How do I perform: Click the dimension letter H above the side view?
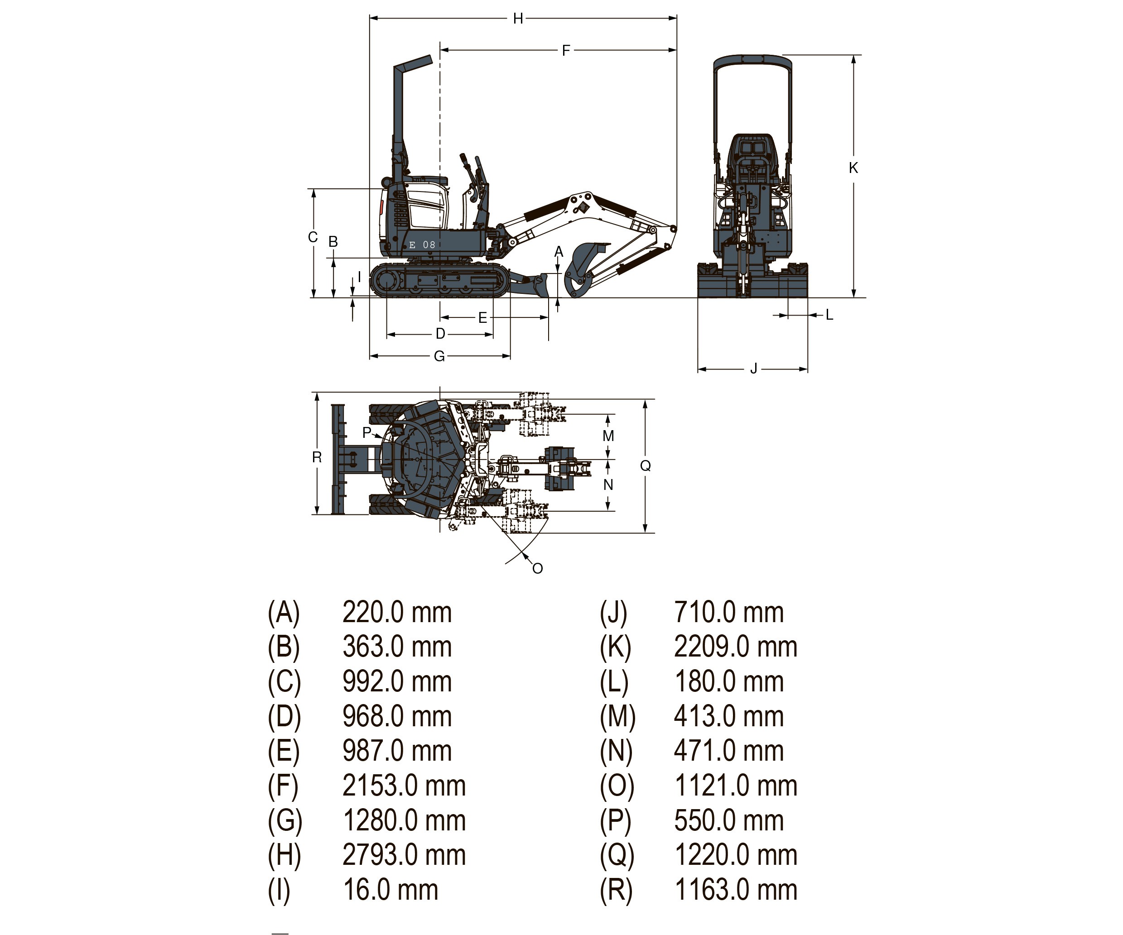(x=518, y=19)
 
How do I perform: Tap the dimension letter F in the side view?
(x=566, y=51)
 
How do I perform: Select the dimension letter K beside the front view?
(x=853, y=168)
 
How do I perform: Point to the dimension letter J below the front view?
(x=753, y=369)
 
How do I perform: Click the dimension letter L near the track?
(x=829, y=315)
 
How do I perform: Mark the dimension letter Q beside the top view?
(x=646, y=465)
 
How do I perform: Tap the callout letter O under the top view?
(x=537, y=569)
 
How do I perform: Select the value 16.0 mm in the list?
(x=390, y=890)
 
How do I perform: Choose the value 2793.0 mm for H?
(x=404, y=855)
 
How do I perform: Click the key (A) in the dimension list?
(x=284, y=612)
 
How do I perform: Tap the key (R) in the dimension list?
(x=616, y=890)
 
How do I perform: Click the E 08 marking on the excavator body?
(x=422, y=245)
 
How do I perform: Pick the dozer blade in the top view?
(x=338, y=459)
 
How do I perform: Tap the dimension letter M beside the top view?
(x=608, y=436)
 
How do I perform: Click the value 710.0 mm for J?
(x=728, y=612)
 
